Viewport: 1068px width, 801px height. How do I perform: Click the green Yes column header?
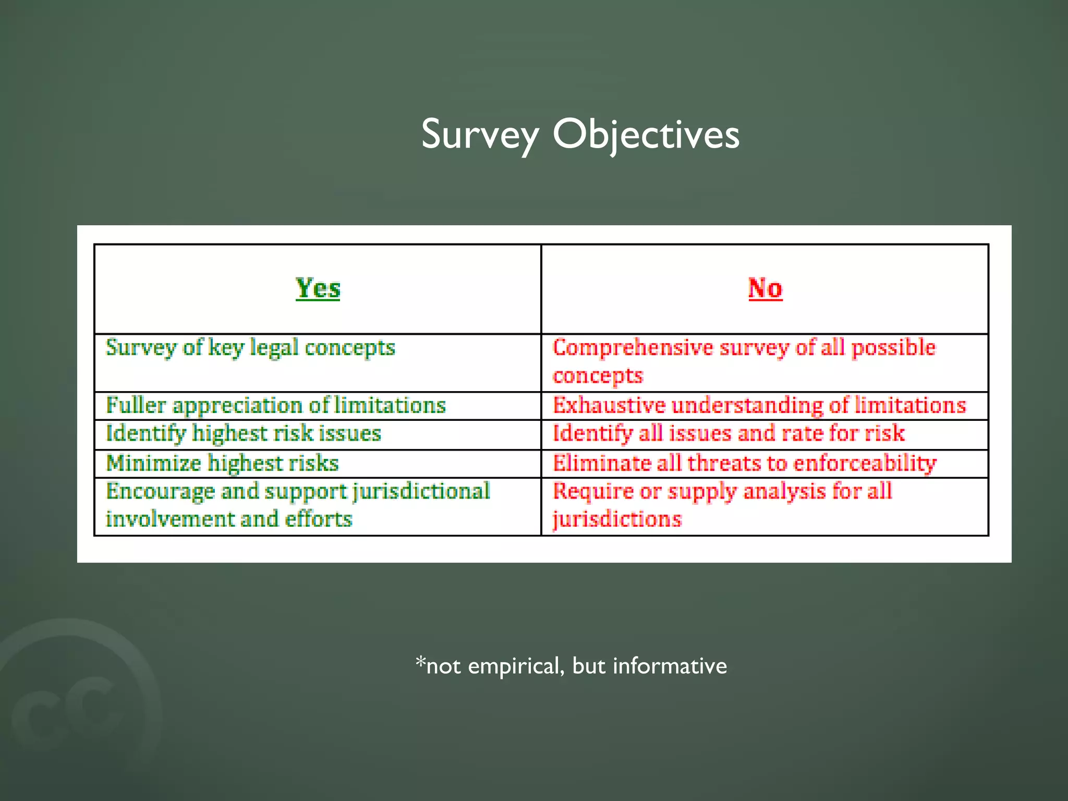coord(318,288)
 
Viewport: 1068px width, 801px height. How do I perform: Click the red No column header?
coord(765,288)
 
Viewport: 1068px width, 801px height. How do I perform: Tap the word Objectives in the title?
coord(646,135)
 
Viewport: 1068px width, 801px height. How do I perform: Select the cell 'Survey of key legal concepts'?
coord(250,348)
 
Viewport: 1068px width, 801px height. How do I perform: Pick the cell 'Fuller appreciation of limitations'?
coord(276,406)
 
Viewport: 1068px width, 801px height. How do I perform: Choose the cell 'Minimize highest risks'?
coord(223,463)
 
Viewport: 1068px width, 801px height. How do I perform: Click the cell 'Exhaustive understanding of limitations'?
coord(759,406)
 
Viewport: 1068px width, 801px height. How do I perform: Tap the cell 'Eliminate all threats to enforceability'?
coord(744,463)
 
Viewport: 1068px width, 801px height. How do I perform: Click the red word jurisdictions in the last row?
coord(617,519)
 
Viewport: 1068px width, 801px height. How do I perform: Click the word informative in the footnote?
coord(670,666)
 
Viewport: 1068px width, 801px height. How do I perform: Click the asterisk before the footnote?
coord(420,662)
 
